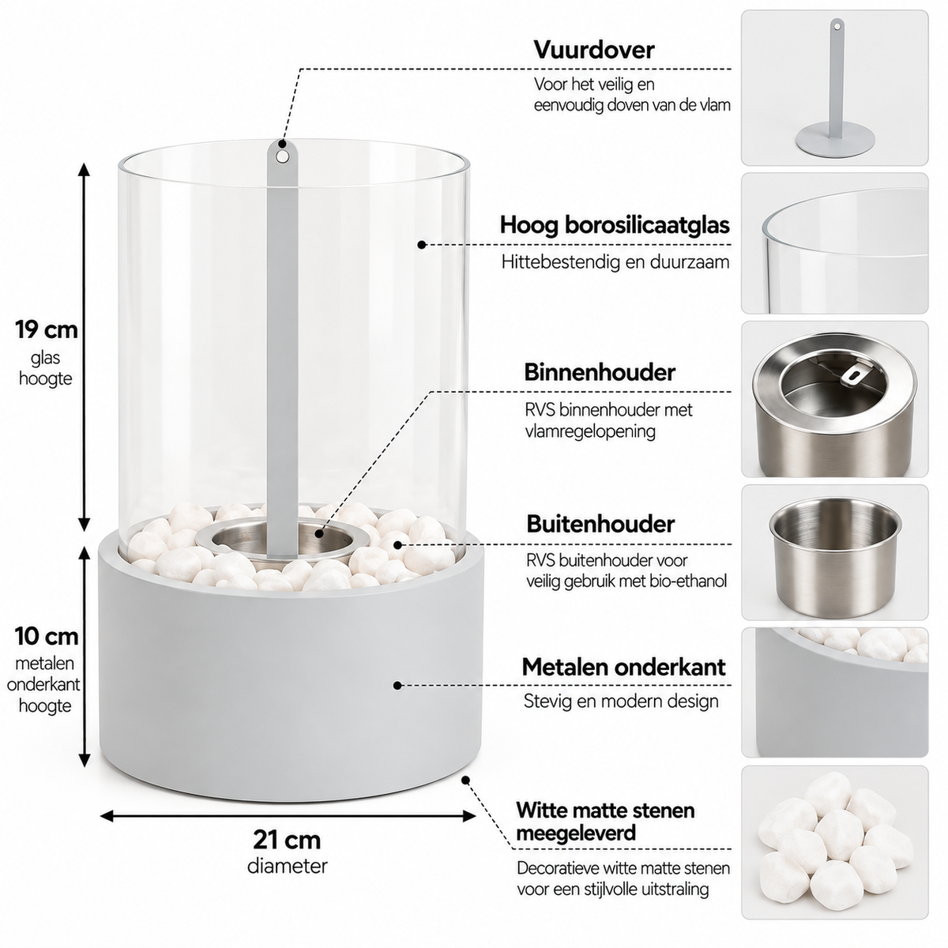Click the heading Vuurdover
(594, 50)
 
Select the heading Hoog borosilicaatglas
(615, 225)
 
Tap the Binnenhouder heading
(599, 372)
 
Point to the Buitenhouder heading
(600, 524)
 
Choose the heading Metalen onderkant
(623, 667)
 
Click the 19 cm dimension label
(47, 329)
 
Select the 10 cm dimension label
(47, 636)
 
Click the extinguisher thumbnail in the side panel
(834, 88)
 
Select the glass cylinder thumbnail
(834, 243)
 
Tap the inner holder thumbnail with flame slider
(834, 399)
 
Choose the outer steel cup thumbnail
(834, 552)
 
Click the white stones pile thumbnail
(834, 842)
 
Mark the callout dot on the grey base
(397, 685)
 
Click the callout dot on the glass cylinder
(421, 244)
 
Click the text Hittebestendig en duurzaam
(615, 261)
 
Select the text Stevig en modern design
(621, 701)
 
